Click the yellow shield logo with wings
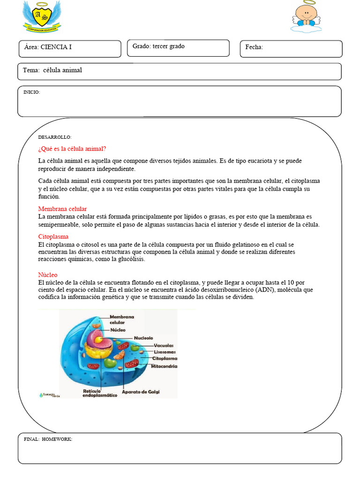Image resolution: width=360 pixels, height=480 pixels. pos(42,16)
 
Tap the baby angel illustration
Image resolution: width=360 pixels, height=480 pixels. pos(307,17)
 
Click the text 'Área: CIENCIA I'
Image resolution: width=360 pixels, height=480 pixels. pos(48,47)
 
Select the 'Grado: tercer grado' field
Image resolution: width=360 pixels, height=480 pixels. pos(158,46)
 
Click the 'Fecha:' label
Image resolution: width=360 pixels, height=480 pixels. pos(254,47)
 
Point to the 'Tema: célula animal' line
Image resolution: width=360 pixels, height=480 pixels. pos(52,70)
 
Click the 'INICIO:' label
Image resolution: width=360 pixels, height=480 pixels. pos(32,92)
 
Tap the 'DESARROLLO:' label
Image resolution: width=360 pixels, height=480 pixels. pos(55,137)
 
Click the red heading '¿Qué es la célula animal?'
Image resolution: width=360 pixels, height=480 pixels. pos(72,149)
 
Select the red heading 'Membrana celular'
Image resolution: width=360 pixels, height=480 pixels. pos(62,209)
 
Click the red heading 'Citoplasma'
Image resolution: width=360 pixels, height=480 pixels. pos(53,237)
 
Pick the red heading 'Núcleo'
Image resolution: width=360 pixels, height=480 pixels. pos(48,275)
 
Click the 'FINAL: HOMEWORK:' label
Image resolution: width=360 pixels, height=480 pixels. pos(48,439)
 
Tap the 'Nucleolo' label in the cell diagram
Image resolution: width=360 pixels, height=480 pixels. pos(143,338)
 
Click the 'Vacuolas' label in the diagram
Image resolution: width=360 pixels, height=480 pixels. pos(164,345)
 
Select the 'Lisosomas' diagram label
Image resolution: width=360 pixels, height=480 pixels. pos(165,352)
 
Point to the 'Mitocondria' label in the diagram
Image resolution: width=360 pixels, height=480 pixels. pos(164,366)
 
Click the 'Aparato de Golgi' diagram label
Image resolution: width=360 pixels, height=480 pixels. pos(141,391)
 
